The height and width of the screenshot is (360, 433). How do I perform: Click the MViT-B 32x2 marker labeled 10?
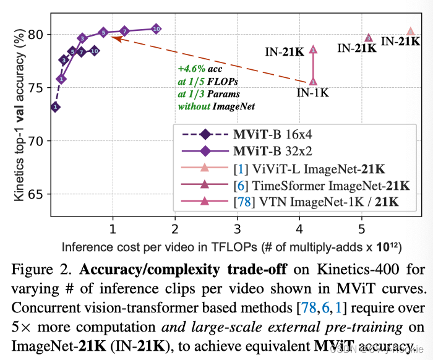156,28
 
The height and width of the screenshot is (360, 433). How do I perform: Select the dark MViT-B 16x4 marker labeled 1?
56,107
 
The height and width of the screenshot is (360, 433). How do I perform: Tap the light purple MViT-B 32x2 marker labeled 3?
82,38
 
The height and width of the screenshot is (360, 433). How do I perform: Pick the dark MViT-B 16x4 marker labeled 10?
95,51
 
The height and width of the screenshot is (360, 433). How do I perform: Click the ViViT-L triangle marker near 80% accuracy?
410,32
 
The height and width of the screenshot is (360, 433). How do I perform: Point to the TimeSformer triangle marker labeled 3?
369,38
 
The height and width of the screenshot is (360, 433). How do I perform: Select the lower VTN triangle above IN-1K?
313,81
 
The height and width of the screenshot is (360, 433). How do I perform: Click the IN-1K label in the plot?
312,93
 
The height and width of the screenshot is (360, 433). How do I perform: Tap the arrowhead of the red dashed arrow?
115,38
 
